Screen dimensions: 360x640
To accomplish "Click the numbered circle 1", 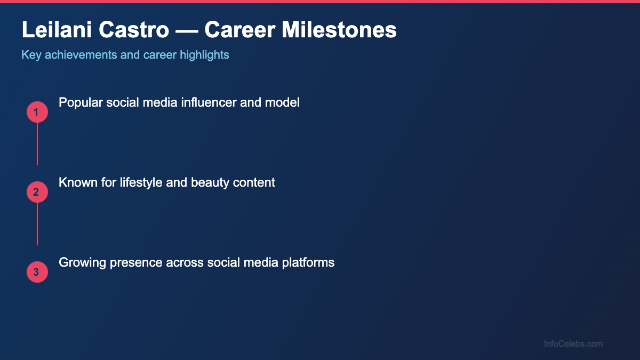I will click(37, 112).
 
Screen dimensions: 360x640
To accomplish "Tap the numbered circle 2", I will click(37, 192).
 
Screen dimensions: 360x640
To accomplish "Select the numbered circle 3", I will click(37, 272).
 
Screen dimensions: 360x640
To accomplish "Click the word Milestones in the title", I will click(339, 30).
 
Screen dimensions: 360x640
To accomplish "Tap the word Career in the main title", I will click(240, 30).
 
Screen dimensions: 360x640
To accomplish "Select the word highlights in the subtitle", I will click(205, 55).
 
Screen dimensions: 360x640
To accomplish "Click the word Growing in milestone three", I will click(80, 262).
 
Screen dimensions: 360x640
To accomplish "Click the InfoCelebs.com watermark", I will click(573, 344).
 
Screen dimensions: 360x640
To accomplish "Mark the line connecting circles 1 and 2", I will click(37, 144).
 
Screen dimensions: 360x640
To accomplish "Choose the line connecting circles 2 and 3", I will click(37, 224).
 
